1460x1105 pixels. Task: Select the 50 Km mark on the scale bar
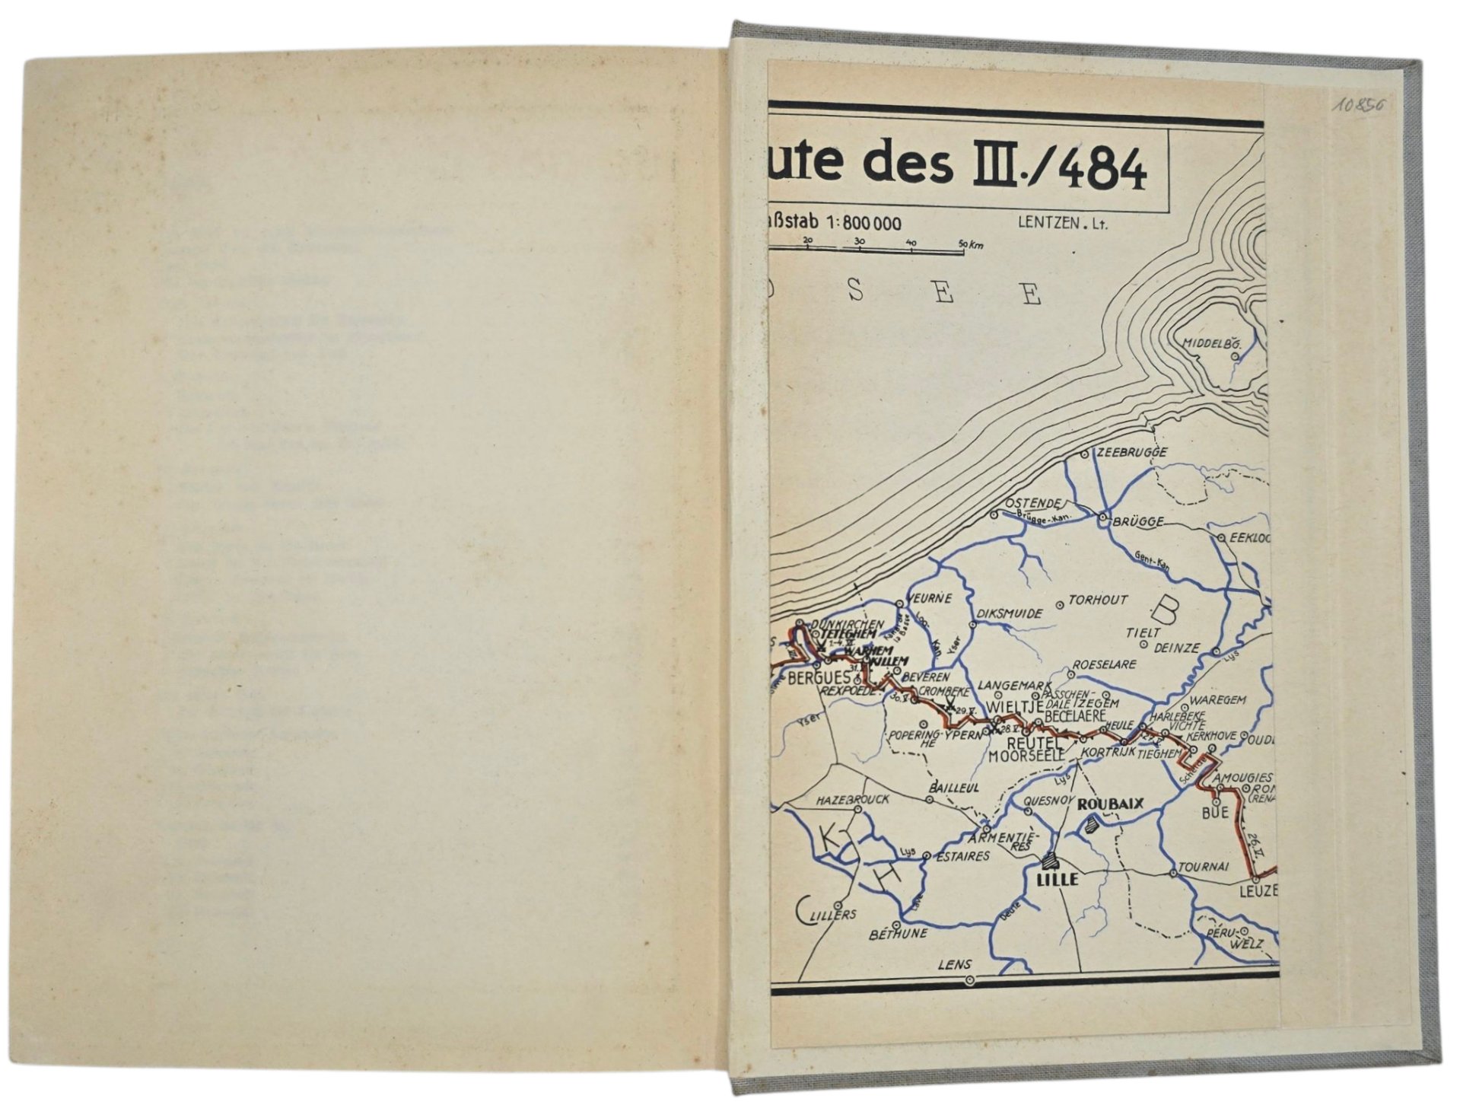coord(970,245)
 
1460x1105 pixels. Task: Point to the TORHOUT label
coord(1098,600)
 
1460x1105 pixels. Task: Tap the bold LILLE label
coord(1058,879)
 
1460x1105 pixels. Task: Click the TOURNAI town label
coord(1204,867)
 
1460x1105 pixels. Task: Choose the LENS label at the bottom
coord(955,964)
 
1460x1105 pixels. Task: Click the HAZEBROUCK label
coord(852,800)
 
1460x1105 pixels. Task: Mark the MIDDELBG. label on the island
coord(1211,343)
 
